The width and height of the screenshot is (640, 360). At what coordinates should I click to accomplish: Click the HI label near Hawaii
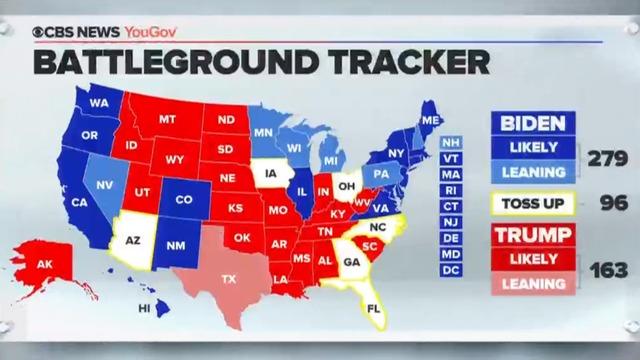(144, 308)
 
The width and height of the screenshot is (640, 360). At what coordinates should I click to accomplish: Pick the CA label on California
(78, 203)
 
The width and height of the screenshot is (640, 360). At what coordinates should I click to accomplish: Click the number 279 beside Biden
(605, 160)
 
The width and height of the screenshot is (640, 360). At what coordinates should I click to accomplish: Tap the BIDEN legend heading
(532, 125)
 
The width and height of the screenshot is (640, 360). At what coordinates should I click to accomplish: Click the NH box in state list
(451, 142)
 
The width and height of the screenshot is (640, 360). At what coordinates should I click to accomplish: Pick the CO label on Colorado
(184, 199)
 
